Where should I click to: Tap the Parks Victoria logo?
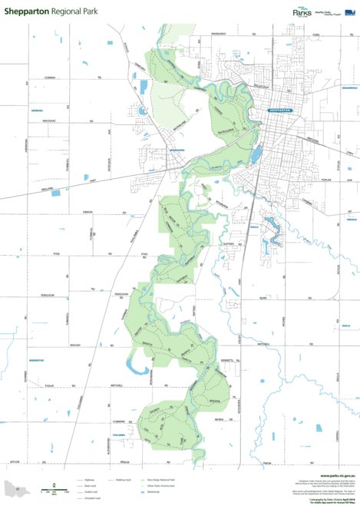[x=302, y=12]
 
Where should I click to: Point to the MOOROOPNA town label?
[x=178, y=150]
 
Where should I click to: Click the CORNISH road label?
[x=51, y=78]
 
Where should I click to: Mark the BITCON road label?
[x=14, y=461]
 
